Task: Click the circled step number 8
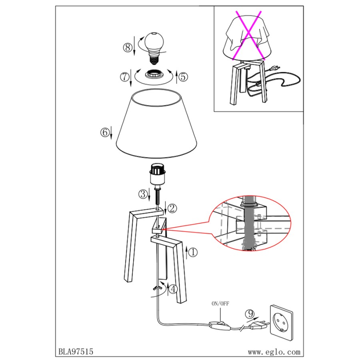pyautogui.click(x=128, y=48)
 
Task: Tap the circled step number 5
pyautogui.click(x=183, y=76)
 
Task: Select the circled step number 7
pyautogui.click(x=125, y=76)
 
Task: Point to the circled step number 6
pyautogui.click(x=105, y=132)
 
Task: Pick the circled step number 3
pyautogui.click(x=143, y=194)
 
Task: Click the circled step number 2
pyautogui.click(x=172, y=208)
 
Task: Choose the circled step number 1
pyautogui.click(x=193, y=252)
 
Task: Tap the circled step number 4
pyautogui.click(x=173, y=289)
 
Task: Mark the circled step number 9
pyautogui.click(x=250, y=314)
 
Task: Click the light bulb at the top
pyautogui.click(x=154, y=48)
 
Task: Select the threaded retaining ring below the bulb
pyautogui.click(x=154, y=75)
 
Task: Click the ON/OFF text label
pyautogui.click(x=220, y=304)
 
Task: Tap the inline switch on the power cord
pyautogui.click(x=219, y=326)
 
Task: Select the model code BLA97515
pyautogui.click(x=76, y=352)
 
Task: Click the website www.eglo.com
pyautogui.click(x=274, y=352)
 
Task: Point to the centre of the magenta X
pyautogui.click(x=248, y=35)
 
